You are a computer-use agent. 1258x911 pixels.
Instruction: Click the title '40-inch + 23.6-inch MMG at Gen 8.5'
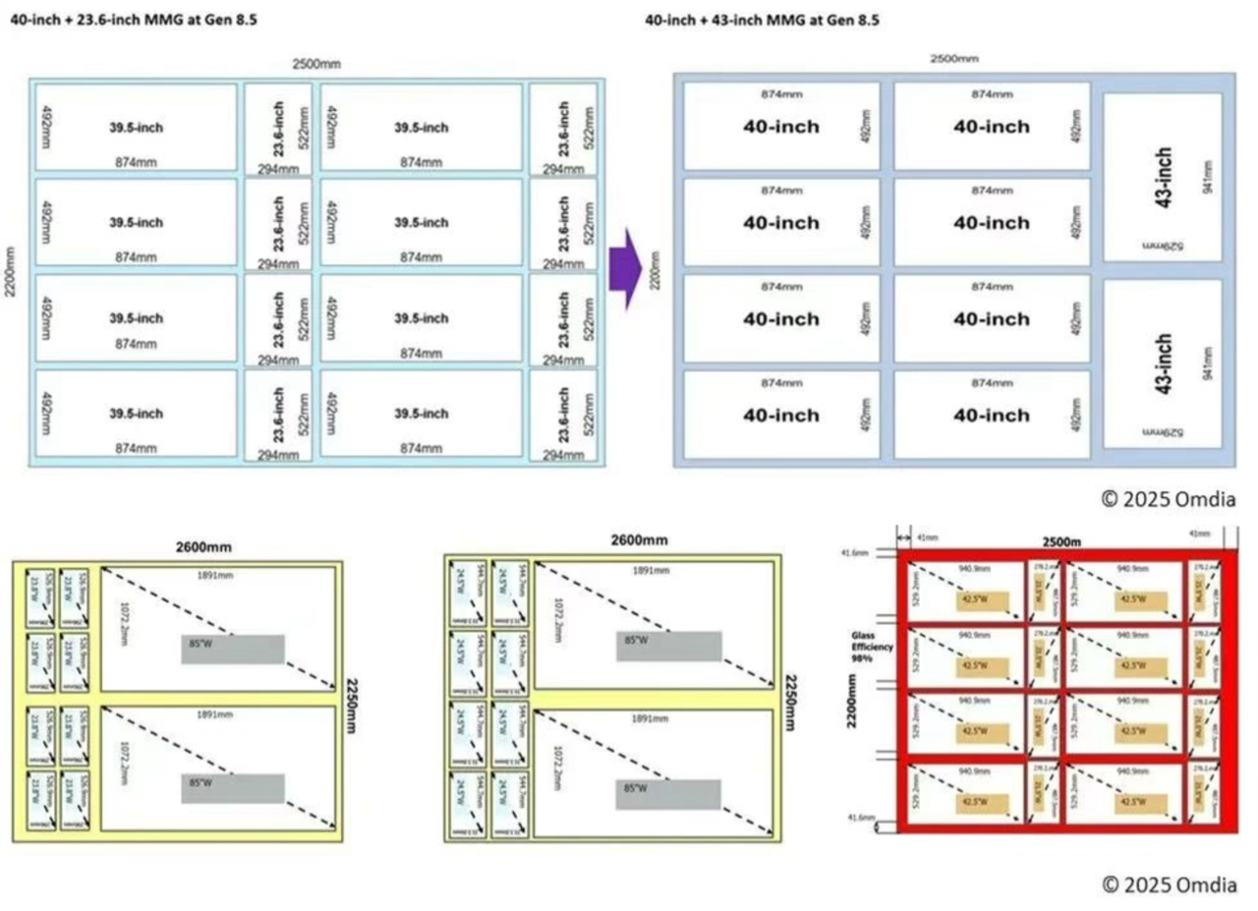(134, 20)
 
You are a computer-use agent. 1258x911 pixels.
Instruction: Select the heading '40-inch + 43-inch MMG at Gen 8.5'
(762, 20)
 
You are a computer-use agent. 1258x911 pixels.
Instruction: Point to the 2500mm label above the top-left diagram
(316, 64)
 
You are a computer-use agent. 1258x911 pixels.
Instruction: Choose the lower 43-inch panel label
(1164, 364)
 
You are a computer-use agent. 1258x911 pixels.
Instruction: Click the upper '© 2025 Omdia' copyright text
(1169, 499)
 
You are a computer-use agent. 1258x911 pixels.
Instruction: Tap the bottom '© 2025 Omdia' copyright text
(1169, 884)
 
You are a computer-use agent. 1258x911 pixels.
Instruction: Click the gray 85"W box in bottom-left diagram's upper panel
(233, 648)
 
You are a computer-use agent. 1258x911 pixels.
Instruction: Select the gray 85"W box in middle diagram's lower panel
(668, 793)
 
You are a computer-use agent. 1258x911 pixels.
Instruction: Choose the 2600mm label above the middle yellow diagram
(639, 541)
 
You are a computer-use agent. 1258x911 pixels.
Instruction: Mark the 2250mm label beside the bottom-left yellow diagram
(351, 704)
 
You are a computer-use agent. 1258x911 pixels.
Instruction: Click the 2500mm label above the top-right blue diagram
(954, 59)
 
